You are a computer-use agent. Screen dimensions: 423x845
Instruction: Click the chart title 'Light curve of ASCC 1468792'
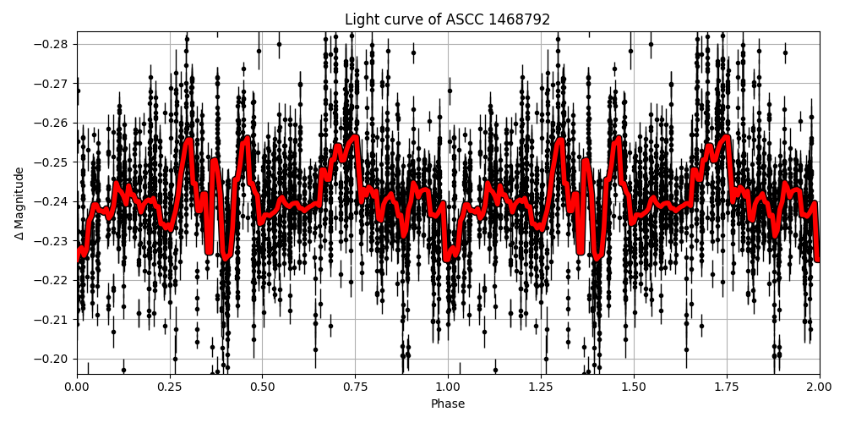pyautogui.click(x=448, y=19)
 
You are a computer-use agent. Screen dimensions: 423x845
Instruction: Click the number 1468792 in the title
pyautogui.click(x=518, y=19)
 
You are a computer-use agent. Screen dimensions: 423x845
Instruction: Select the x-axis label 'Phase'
pyautogui.click(x=448, y=404)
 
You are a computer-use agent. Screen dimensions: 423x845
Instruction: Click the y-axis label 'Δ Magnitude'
pyautogui.click(x=19, y=203)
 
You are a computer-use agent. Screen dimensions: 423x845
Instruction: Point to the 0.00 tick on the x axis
pyautogui.click(x=77, y=387)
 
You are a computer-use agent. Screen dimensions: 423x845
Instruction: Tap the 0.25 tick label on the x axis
pyautogui.click(x=170, y=387)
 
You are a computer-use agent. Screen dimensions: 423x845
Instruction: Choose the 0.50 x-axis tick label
pyautogui.click(x=262, y=387)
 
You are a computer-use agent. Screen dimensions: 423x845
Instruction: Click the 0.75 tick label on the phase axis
pyautogui.click(x=355, y=387)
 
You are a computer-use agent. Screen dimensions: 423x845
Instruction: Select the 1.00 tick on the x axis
pyautogui.click(x=448, y=387)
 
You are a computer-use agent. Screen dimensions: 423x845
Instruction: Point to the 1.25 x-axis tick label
pyautogui.click(x=541, y=387)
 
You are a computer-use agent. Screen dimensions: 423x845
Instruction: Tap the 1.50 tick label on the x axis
pyautogui.click(x=634, y=387)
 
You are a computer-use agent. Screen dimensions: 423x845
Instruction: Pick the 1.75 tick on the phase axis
pyautogui.click(x=726, y=387)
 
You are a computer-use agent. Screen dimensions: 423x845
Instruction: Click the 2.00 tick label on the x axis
pyautogui.click(x=819, y=387)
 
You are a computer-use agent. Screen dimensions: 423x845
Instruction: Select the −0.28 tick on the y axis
pyautogui.click(x=52, y=44)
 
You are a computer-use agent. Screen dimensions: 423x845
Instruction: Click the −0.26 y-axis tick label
pyautogui.click(x=52, y=123)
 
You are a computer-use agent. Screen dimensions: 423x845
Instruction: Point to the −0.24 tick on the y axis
pyautogui.click(x=52, y=201)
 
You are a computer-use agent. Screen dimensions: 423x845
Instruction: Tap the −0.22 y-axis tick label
pyautogui.click(x=52, y=280)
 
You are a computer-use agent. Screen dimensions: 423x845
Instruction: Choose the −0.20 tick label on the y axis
pyautogui.click(x=52, y=359)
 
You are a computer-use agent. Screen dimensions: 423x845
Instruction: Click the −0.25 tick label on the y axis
pyautogui.click(x=52, y=162)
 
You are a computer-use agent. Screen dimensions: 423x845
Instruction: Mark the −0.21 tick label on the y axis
pyautogui.click(x=52, y=319)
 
